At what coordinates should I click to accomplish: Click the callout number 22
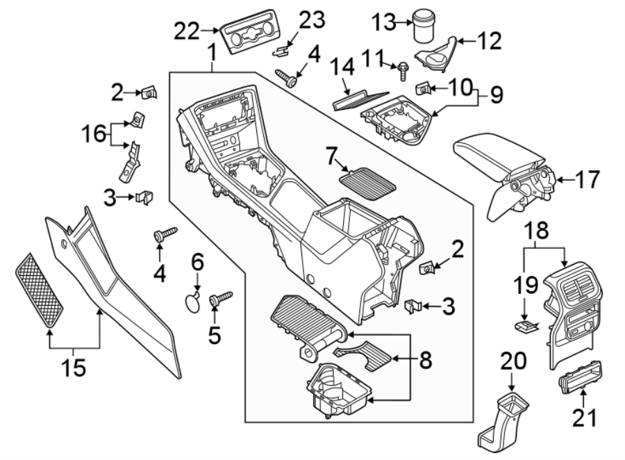point(186,30)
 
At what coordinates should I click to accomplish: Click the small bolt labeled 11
point(403,70)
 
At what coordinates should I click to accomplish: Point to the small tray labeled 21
point(580,378)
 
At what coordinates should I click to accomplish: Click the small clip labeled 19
point(528,323)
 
